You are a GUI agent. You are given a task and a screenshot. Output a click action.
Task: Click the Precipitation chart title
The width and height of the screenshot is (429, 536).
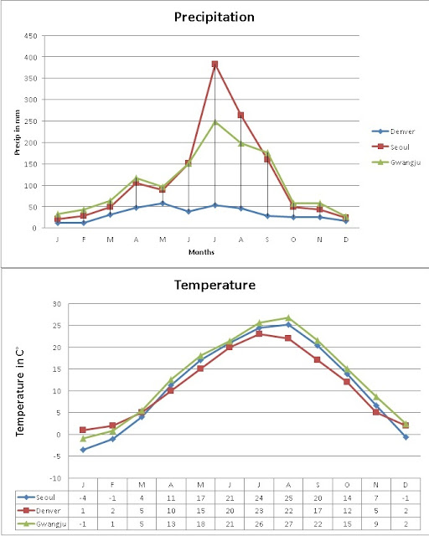[214, 17]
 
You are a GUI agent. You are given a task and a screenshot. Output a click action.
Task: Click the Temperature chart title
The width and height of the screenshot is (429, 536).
[214, 286]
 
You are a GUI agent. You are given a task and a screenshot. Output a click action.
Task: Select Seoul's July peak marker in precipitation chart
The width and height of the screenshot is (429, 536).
[214, 64]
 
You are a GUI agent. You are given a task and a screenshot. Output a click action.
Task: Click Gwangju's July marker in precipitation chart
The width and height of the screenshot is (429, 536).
[214, 122]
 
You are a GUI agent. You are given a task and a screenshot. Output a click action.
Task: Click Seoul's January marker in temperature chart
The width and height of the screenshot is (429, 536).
[82, 450]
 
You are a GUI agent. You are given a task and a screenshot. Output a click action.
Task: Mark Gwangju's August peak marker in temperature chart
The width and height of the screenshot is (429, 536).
[287, 317]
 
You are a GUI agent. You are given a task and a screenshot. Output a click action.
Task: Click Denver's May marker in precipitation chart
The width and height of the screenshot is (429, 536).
[163, 203]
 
